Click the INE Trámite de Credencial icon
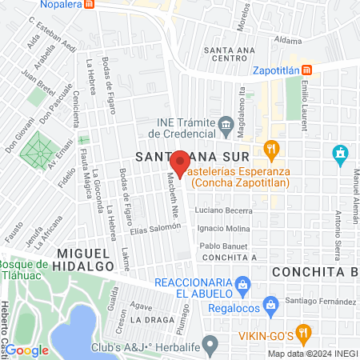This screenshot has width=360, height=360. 225,125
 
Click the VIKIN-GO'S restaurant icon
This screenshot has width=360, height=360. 302,330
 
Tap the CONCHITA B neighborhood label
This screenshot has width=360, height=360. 313,271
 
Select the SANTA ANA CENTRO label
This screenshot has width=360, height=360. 230,54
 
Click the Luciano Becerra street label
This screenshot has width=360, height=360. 218,210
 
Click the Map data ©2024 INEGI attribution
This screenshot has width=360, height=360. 313,354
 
